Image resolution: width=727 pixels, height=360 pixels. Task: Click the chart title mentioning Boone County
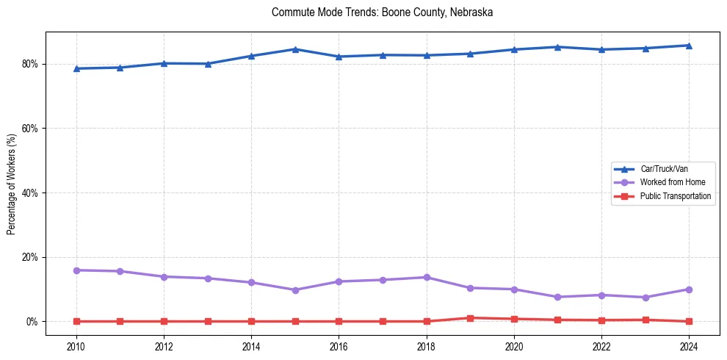[x=382, y=12]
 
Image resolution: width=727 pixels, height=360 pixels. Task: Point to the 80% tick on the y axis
[x=31, y=64]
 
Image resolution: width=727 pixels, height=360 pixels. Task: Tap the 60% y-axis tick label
[x=31, y=129]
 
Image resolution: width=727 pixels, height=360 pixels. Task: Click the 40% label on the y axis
[x=31, y=193]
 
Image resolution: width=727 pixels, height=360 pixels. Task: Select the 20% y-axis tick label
[x=31, y=257]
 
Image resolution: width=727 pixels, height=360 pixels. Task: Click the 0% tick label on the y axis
[x=33, y=322]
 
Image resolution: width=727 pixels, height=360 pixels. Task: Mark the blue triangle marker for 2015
[x=295, y=49]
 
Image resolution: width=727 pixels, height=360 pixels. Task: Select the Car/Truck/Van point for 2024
[x=689, y=46]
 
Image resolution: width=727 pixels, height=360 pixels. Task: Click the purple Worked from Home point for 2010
[x=76, y=270]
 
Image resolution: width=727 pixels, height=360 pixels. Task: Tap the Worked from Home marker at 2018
[x=426, y=277]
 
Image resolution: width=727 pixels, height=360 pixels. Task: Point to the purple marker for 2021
[x=557, y=297]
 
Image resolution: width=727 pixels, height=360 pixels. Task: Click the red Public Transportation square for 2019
[x=470, y=318]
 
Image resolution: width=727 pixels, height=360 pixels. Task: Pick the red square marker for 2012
[x=164, y=321]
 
